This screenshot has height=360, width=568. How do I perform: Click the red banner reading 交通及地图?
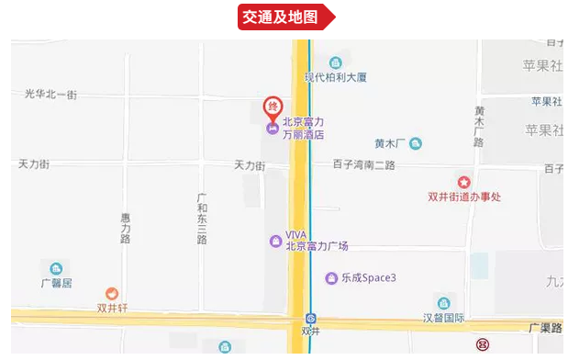284,17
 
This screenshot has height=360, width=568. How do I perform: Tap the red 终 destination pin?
273,107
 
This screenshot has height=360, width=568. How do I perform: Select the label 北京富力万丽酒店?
303,128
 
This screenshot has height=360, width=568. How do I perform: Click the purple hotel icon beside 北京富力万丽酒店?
273,128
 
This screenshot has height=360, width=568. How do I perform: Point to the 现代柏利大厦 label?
337,78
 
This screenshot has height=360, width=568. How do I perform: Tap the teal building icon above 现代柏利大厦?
336,62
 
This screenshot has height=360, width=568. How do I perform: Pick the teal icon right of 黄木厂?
416,143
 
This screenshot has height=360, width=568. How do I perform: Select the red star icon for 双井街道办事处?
463,182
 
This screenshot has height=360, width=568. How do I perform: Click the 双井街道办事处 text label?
464,197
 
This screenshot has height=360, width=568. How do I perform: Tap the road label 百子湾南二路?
364,165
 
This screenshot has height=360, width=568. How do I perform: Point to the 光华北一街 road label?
51,95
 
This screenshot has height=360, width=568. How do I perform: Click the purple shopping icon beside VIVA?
275,241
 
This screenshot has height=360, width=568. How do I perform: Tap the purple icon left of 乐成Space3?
331,277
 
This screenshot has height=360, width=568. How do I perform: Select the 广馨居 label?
56,283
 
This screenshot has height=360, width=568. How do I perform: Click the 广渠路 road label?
544,327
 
